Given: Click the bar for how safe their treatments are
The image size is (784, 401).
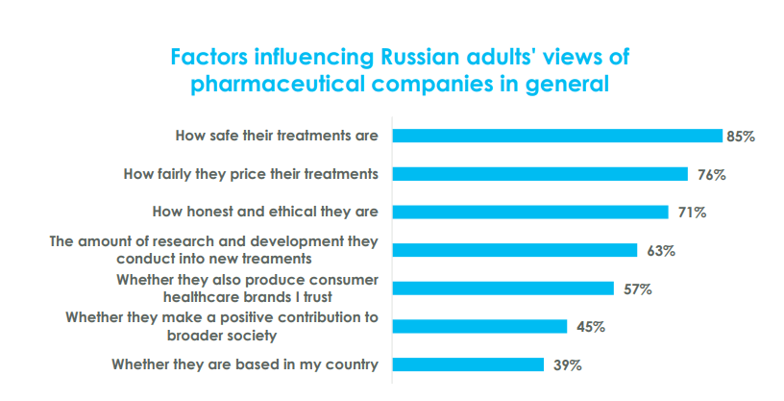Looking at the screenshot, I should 556,136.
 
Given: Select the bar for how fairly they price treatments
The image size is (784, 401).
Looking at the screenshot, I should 540,174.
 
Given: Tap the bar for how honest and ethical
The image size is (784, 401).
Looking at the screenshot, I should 529,212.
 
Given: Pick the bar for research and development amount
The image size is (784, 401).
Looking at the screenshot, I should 514,250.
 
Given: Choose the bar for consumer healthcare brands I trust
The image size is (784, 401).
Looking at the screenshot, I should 502,288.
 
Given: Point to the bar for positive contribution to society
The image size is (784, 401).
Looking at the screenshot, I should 479,326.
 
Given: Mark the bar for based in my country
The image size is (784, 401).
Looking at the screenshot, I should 467,364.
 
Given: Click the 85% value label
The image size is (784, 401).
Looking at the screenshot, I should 741,137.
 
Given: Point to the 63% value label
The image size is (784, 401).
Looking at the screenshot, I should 660,251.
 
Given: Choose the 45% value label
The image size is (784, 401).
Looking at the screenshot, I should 590,327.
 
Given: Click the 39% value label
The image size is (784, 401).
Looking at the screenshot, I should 567,365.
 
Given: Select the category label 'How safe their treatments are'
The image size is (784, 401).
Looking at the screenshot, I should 276,136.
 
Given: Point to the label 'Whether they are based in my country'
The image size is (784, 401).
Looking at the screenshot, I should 245,364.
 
